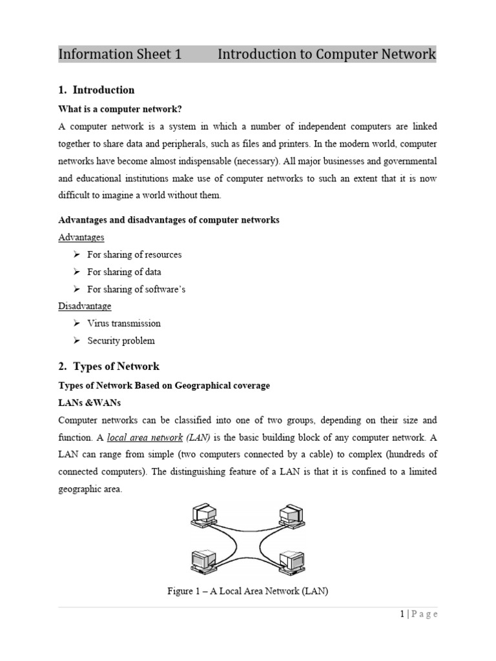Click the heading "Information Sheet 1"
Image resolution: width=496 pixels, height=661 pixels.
coord(119,54)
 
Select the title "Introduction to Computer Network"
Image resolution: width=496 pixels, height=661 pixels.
coord(327,54)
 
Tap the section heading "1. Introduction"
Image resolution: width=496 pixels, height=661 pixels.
coord(97,90)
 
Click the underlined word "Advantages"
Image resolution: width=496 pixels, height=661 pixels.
coord(81,238)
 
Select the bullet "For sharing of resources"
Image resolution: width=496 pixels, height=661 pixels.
coord(134,254)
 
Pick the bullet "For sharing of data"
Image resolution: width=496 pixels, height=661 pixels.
coord(124,272)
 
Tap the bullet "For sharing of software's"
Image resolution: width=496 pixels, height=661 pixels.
coord(136,289)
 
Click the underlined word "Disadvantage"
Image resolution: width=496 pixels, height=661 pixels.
coord(85,306)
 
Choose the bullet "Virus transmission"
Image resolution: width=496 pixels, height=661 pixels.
coord(124,323)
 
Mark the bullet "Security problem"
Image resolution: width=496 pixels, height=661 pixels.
coord(121,341)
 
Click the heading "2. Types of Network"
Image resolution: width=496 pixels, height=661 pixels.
coord(108,367)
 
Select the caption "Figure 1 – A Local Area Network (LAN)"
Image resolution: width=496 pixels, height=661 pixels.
coord(247,591)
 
